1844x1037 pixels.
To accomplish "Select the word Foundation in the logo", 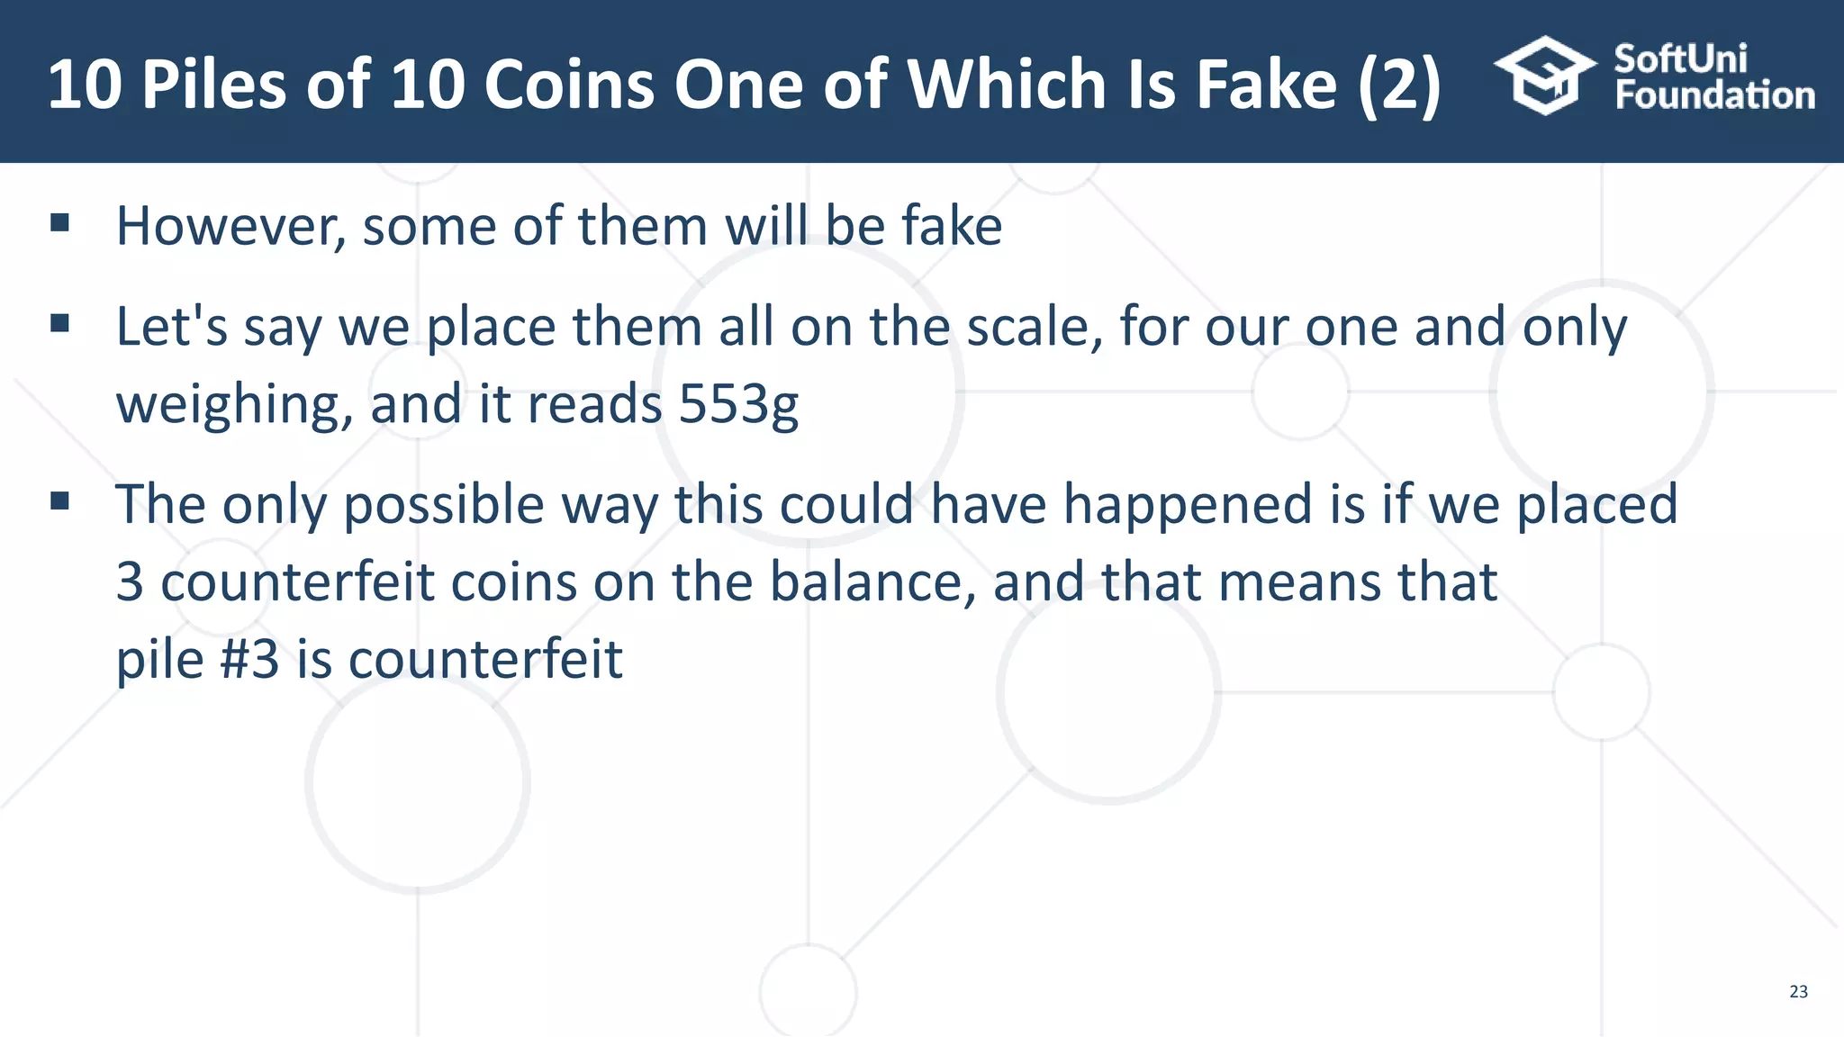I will [x=1714, y=95].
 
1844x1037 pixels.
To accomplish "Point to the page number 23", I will [x=1798, y=992].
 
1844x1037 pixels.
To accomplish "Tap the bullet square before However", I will [x=60, y=223].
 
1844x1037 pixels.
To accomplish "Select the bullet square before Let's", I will [x=60, y=324].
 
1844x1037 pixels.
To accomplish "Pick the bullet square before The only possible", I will [x=60, y=501].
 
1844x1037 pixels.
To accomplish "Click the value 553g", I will [x=737, y=405].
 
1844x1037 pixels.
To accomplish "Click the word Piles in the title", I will [x=214, y=85].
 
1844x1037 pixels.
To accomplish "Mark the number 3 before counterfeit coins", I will [x=130, y=582].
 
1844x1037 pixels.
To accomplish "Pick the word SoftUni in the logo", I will [x=1680, y=59].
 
